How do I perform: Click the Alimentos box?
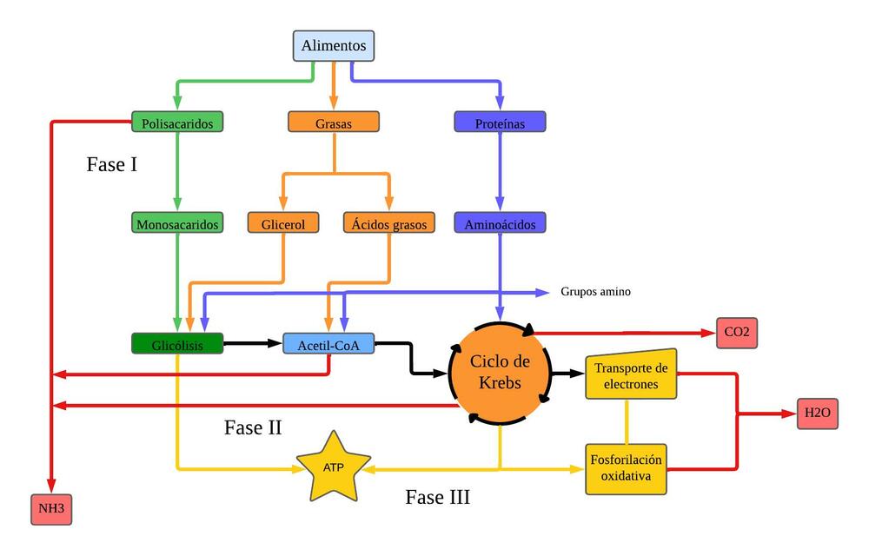[x=334, y=45]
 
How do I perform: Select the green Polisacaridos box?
[x=177, y=122]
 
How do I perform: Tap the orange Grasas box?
[x=334, y=122]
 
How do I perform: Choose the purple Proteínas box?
[x=500, y=122]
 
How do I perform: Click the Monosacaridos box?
[x=177, y=223]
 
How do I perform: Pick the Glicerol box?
[x=283, y=223]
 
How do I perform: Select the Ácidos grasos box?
[x=389, y=223]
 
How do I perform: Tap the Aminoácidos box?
[x=500, y=223]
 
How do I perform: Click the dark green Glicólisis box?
[x=177, y=344]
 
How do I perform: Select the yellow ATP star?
[x=334, y=467]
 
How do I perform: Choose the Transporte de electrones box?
[x=630, y=375]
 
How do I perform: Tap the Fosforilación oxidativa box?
[x=626, y=469]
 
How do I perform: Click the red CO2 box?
[x=736, y=333]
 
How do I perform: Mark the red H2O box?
[x=817, y=414]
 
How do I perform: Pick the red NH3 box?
[x=51, y=508]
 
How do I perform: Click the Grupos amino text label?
[x=595, y=292]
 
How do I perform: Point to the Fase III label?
[x=438, y=498]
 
